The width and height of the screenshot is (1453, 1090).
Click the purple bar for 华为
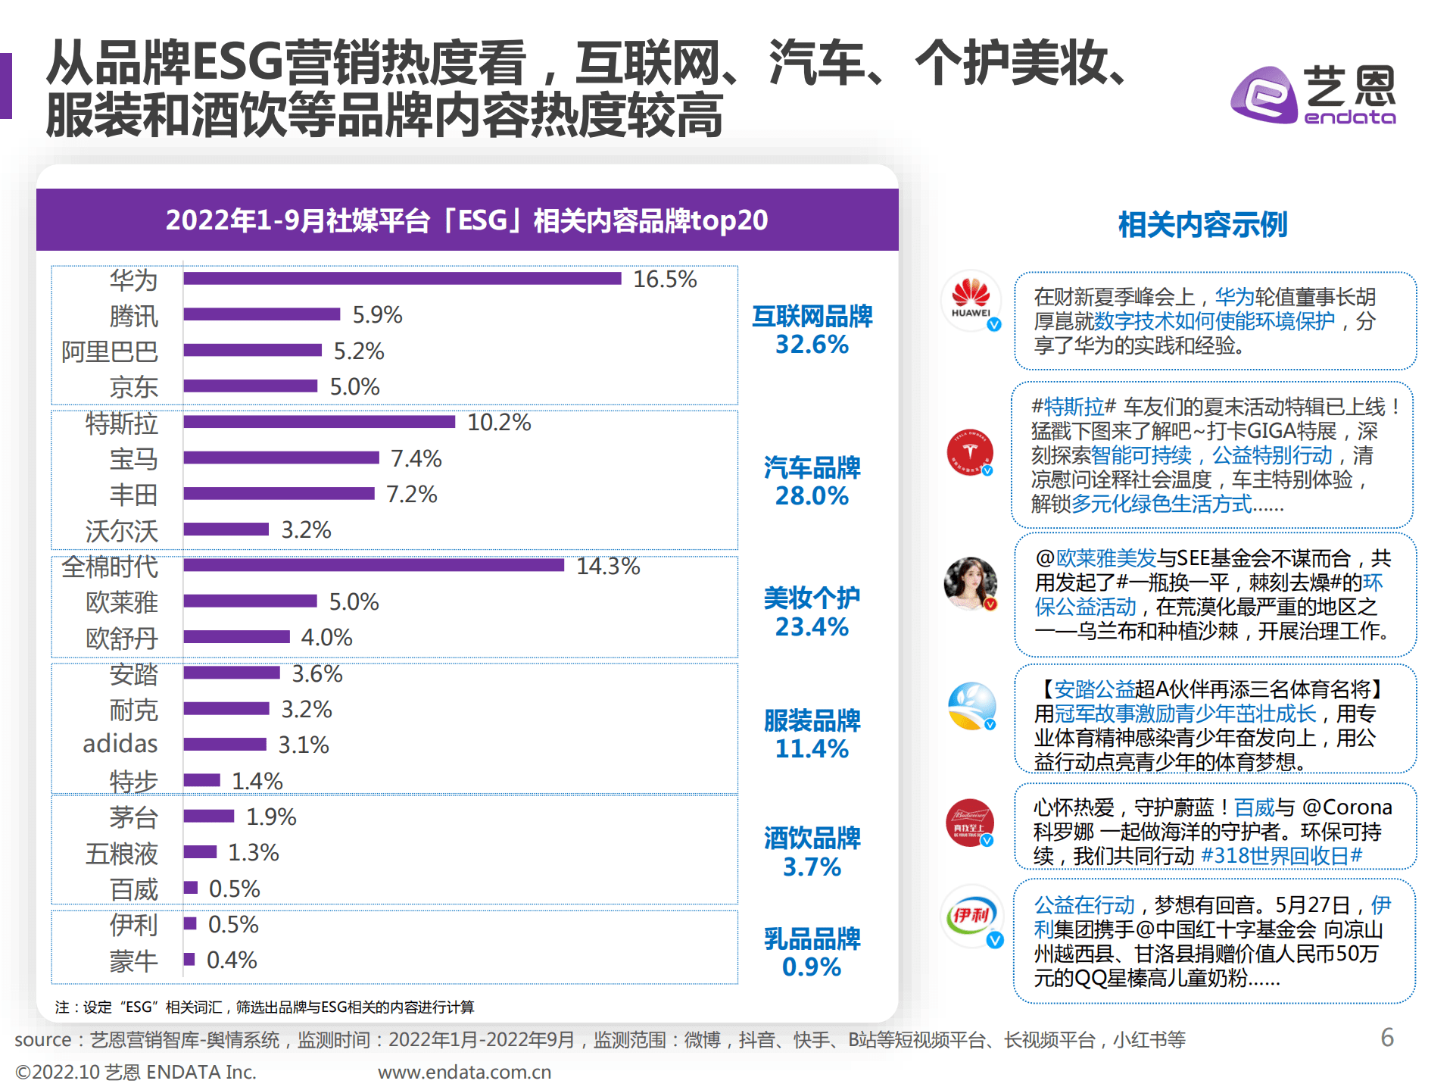(401, 278)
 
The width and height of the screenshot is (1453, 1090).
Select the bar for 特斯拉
(319, 422)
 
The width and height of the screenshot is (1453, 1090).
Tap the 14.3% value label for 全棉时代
(608, 566)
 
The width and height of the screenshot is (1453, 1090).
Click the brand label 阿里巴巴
(110, 351)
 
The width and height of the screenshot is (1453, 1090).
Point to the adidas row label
(120, 744)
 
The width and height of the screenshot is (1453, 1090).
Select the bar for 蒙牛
(189, 959)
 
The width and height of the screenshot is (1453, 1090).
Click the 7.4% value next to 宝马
(416, 458)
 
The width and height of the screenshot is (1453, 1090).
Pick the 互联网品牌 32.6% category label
(812, 330)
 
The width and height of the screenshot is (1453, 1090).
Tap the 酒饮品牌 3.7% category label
(812, 852)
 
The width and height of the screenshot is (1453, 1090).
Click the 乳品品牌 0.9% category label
(812, 952)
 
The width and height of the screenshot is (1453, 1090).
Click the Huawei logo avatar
(971, 301)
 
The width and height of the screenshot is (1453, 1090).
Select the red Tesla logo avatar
(970, 451)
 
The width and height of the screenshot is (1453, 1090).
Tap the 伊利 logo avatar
(971, 915)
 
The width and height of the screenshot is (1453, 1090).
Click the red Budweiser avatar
(970, 823)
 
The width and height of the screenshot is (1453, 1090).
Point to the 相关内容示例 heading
(1202, 225)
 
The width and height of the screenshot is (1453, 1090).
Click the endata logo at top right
(1314, 95)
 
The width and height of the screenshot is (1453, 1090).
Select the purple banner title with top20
(466, 220)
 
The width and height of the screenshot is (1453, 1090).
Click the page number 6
(1387, 1037)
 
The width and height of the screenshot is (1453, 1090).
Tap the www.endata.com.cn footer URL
(464, 1072)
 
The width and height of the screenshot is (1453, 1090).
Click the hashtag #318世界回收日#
(1281, 856)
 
